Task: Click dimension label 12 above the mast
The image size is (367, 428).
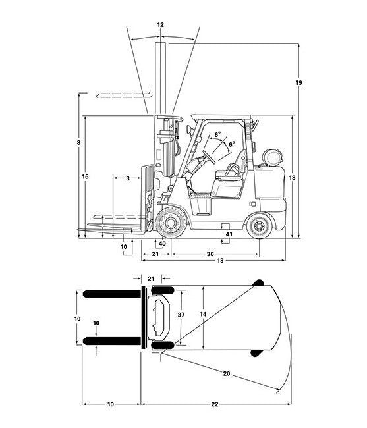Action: [x=160, y=25]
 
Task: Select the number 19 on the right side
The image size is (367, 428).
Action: [x=298, y=82]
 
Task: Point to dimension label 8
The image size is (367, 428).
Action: [x=78, y=143]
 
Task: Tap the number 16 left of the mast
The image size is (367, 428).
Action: [x=85, y=176]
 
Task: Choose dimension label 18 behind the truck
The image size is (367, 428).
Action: [x=292, y=178]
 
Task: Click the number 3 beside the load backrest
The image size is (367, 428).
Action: [x=127, y=178]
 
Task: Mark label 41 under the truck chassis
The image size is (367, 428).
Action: [x=229, y=234]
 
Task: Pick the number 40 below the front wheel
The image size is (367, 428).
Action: [x=162, y=243]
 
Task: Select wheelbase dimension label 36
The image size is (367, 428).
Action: [x=210, y=253]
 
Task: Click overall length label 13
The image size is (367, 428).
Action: [x=219, y=261]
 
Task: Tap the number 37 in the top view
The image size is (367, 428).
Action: [x=181, y=315]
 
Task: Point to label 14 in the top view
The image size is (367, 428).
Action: [x=204, y=315]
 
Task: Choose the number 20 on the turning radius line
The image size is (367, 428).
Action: [x=226, y=373]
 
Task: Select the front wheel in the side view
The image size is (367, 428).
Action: [x=170, y=223]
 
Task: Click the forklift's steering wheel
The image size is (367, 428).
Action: [x=207, y=155]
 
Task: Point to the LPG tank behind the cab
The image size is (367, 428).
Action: [x=270, y=157]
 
